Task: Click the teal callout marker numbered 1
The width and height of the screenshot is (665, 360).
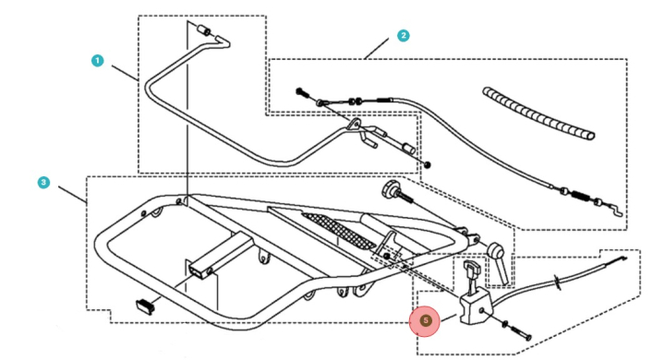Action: (98, 60)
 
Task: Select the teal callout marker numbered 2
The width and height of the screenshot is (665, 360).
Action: (403, 35)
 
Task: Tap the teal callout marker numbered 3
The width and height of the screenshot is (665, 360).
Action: (43, 183)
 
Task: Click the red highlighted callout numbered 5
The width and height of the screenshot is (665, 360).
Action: (426, 320)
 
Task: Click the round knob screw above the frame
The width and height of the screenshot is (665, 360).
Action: (389, 192)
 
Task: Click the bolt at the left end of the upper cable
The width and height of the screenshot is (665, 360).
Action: (301, 90)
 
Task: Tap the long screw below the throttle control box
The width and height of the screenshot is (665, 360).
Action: (520, 330)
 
